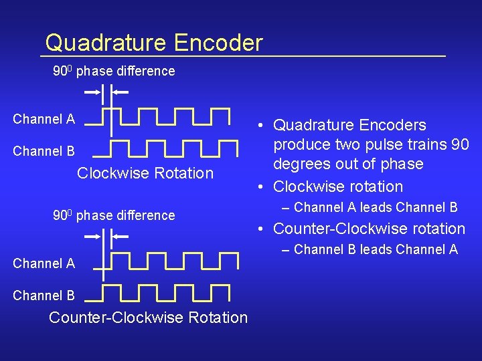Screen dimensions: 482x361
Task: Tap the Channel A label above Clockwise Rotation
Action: [x=44, y=120]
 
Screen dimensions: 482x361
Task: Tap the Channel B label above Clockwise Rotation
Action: [x=44, y=151]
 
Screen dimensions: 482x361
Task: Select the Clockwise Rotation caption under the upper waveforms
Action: [x=145, y=173]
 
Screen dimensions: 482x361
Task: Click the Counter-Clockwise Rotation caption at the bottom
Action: [x=148, y=318]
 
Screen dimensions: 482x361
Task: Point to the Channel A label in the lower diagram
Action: [x=44, y=263]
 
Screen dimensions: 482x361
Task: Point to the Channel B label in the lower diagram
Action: [x=44, y=295]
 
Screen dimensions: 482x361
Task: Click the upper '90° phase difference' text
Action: [x=114, y=71]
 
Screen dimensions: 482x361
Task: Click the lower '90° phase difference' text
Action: [x=114, y=215]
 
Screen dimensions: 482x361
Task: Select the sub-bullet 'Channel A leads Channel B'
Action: [x=376, y=207]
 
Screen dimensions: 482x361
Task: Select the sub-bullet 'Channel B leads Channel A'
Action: [x=376, y=249]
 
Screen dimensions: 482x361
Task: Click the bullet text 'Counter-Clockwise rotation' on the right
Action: [x=370, y=229]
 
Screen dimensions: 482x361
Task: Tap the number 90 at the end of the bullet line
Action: [x=459, y=144]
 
